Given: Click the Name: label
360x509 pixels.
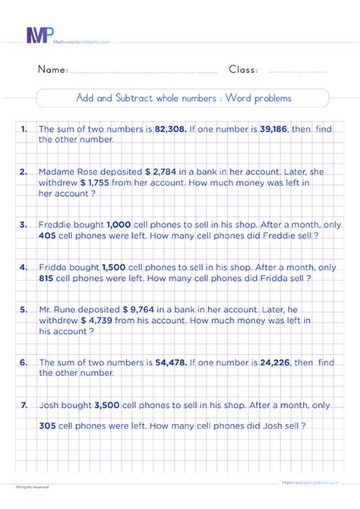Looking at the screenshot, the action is pos(52,70).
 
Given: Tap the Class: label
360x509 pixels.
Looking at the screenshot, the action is pos(243,70).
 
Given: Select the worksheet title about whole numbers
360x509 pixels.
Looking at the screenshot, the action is pos(183,98).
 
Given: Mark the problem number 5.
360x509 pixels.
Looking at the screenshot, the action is pos(24,310).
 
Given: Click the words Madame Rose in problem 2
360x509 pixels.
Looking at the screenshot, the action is pos(67,172).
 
